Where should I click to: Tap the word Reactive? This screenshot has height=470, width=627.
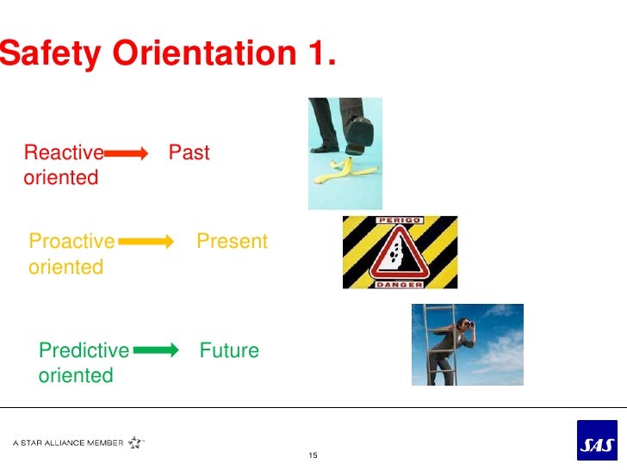[x=64, y=153]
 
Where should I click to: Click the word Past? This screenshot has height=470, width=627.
[x=189, y=153]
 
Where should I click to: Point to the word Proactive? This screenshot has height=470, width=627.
[x=71, y=242]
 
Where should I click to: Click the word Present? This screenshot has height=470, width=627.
[x=232, y=242]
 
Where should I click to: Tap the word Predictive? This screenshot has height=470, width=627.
[x=84, y=350]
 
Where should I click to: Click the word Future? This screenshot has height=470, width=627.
[x=229, y=350]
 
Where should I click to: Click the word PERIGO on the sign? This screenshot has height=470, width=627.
[x=398, y=221]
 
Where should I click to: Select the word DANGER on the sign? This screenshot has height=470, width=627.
[x=399, y=282]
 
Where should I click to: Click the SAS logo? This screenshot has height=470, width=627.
[x=596, y=441]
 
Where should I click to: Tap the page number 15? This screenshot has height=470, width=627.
[x=313, y=455]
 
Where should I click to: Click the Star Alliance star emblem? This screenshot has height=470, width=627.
[x=136, y=442]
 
